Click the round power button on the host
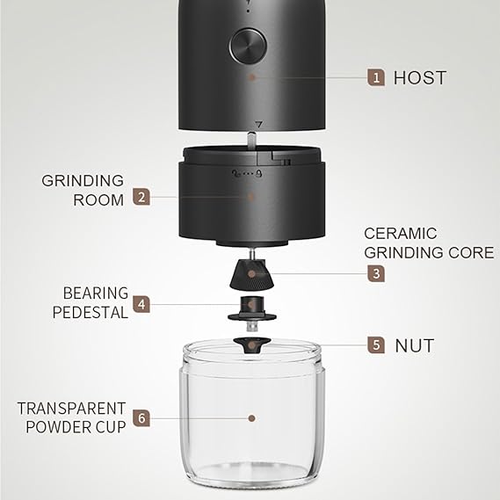pos(249,46)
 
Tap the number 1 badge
pos(376,77)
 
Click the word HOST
pos(420,78)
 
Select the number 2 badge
pos(141,197)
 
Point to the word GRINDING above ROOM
pos(83,181)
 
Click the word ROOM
pos(98,200)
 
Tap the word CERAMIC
pos(400,234)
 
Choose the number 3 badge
pos(376,273)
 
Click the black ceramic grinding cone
pos(252,274)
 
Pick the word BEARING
pos(96,293)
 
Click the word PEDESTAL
pos(91,313)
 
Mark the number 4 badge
pos(141,304)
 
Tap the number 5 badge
pos(376,344)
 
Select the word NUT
pos(415,346)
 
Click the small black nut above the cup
pos(252,345)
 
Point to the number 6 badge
pos(141,417)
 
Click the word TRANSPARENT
pos(71,409)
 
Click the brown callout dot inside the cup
pos(251,418)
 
